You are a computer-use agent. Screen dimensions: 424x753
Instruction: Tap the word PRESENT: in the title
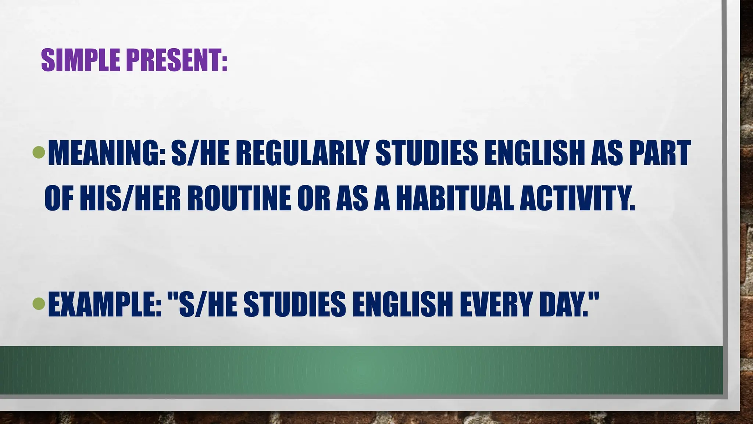[177, 60]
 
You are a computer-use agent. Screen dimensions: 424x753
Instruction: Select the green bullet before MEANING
[38, 152]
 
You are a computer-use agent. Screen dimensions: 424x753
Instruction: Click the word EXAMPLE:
[105, 304]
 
